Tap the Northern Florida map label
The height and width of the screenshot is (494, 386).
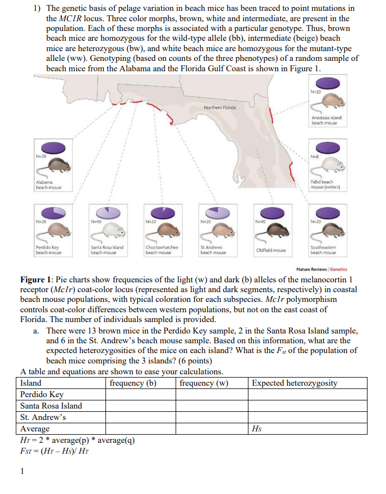pyautogui.click(x=219, y=107)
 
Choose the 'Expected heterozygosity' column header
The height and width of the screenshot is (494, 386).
pyautogui.click(x=295, y=383)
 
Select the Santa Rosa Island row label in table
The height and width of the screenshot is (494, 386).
pyautogui.click(x=51, y=406)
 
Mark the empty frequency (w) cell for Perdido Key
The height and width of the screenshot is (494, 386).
pyautogui.click(x=211, y=394)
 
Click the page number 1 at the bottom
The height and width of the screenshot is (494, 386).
pyautogui.click(x=22, y=471)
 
